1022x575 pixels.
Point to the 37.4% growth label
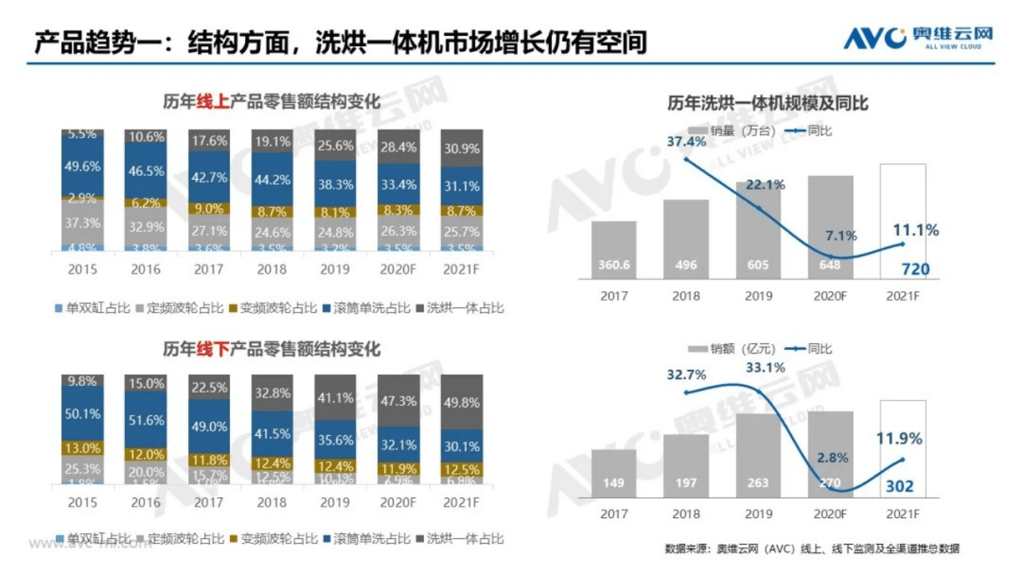tap(686, 141)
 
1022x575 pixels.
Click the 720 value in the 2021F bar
tap(902, 268)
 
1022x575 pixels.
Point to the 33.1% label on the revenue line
tap(766, 368)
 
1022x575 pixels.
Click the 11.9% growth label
tap(899, 439)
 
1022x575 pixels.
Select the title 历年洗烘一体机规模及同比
tap(767, 104)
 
